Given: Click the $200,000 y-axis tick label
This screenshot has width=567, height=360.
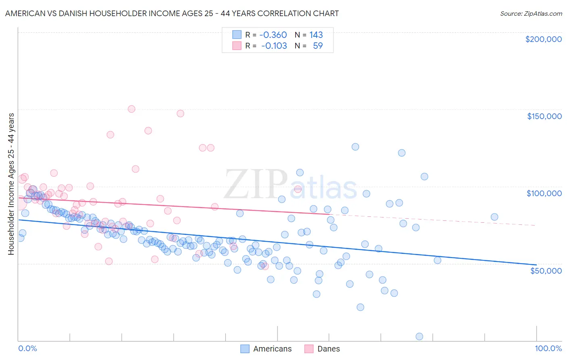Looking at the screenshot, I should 543,39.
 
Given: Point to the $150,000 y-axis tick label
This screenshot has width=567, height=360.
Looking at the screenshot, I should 544,116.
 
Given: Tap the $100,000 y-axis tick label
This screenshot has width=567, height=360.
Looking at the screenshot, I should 544,193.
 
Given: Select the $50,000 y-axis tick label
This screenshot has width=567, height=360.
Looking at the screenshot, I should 546,270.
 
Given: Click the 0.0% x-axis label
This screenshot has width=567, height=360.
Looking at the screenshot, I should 27,348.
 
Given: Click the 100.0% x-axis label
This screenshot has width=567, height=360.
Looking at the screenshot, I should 548,348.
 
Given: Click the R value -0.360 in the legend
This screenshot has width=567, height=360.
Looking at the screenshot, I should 273,35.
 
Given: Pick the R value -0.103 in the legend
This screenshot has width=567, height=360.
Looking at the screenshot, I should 274,46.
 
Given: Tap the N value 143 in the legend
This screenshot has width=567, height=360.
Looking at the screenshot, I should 316,35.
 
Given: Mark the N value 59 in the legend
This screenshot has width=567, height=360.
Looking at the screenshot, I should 318,46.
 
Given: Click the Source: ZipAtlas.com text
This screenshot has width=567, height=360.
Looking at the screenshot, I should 531,13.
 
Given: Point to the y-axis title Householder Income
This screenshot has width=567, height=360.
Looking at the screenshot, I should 11,184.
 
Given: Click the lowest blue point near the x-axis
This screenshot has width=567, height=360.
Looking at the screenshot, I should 419,336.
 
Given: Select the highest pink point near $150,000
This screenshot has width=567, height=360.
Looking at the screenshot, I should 131,109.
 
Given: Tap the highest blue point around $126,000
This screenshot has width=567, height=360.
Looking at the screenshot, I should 355,147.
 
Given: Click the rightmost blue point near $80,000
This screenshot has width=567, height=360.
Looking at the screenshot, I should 494,217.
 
